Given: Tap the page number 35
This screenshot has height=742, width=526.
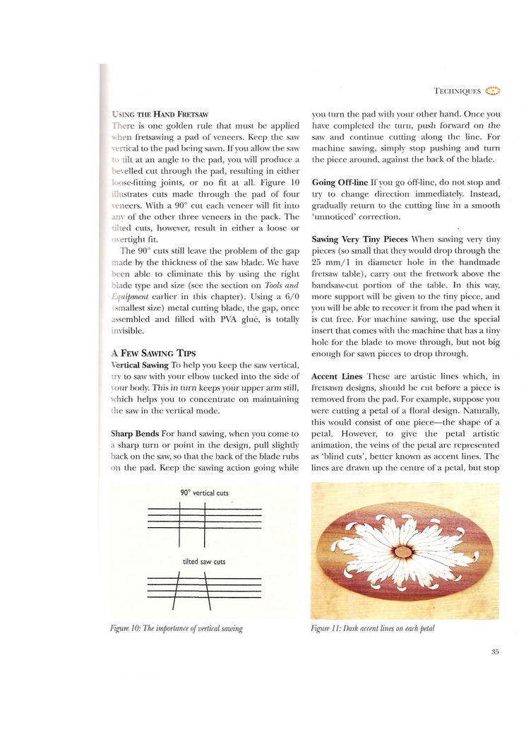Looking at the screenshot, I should (x=494, y=653).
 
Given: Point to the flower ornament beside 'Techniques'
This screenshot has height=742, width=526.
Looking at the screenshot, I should (x=493, y=90).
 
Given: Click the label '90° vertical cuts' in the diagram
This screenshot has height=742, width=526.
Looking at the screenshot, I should (x=204, y=492).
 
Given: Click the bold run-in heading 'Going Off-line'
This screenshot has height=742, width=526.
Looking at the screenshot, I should (x=339, y=182).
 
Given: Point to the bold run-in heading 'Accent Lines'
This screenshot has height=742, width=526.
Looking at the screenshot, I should (x=334, y=376).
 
